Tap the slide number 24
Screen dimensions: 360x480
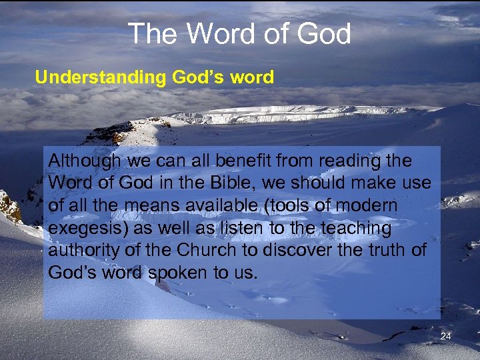coord(446,337)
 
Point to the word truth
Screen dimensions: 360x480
coord(397,251)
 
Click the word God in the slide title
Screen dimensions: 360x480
coord(324,33)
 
